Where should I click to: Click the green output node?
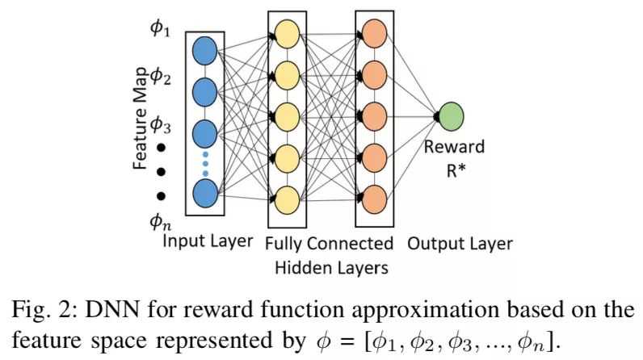451,115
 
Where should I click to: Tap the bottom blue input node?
205,193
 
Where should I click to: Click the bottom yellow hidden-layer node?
287,196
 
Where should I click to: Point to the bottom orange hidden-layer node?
374,196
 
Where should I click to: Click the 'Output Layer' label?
460,242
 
